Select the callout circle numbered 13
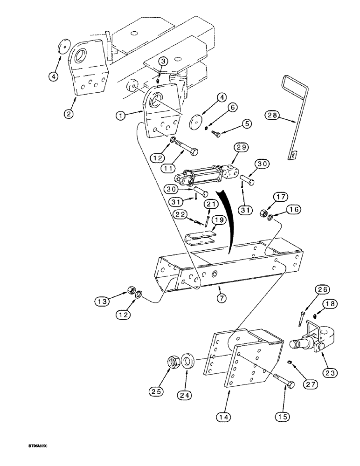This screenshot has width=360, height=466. click(x=103, y=302)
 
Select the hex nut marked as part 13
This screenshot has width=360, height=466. click(x=130, y=292)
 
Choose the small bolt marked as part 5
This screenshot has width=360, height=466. click(x=217, y=133)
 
